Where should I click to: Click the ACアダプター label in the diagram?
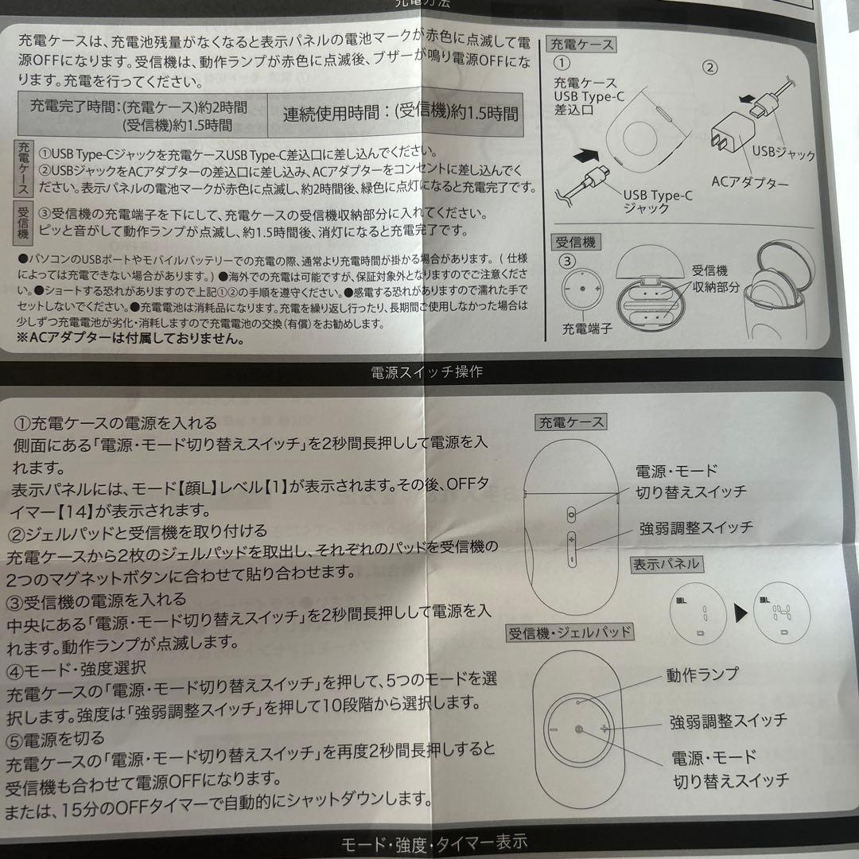click(x=749, y=183)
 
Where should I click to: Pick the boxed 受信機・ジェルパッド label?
click(x=570, y=633)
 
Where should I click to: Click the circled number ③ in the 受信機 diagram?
click(x=566, y=260)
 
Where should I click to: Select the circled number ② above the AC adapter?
click(x=710, y=67)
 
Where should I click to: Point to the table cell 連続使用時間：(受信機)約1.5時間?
click(x=401, y=113)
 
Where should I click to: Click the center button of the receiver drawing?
click(x=578, y=730)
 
